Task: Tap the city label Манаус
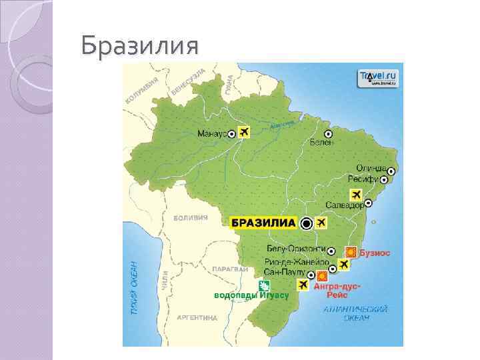(211, 134)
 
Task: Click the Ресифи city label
(363, 179)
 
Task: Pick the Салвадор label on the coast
(345, 205)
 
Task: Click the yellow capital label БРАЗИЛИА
(263, 223)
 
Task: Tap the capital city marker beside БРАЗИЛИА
(306, 223)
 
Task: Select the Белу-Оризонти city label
(292, 249)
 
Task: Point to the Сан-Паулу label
(284, 273)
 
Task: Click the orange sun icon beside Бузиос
(350, 252)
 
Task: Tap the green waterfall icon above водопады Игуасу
(254, 285)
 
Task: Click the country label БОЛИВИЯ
(191, 218)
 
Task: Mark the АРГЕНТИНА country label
(197, 319)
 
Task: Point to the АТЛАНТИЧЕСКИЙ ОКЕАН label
(355, 313)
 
